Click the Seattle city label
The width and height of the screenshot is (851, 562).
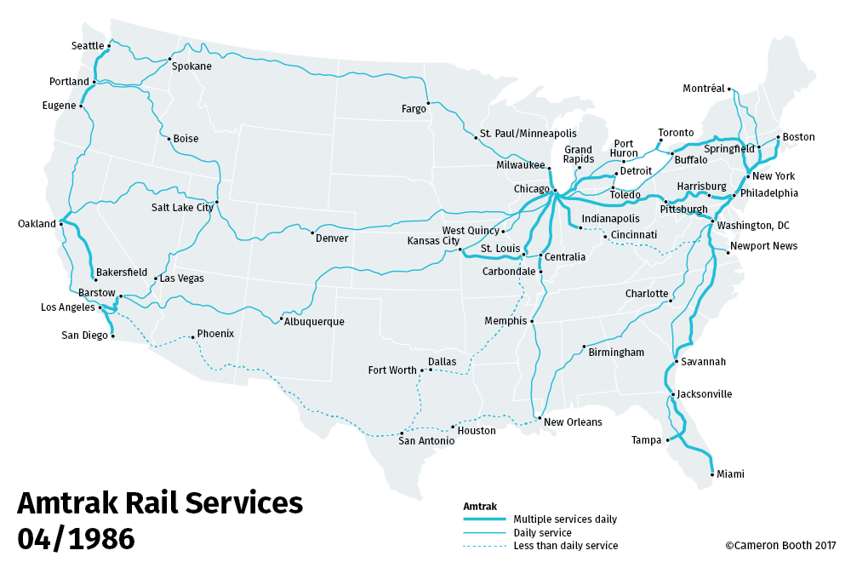88,46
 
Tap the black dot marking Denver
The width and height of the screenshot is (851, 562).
312,232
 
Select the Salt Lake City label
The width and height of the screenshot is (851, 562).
182,207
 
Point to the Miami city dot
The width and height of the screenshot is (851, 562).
711,473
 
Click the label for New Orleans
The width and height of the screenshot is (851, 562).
573,422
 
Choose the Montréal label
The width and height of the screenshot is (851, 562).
703,89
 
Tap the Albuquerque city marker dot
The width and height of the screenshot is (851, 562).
281,319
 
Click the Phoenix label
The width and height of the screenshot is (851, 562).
215,334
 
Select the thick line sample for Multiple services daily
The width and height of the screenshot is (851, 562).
484,519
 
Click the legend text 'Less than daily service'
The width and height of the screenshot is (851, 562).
565,546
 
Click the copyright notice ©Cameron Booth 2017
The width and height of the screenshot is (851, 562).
780,546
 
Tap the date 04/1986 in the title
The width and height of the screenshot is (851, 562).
76,538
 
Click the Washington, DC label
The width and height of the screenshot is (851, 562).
753,226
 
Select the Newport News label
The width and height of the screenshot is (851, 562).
764,246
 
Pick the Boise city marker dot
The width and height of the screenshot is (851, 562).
169,138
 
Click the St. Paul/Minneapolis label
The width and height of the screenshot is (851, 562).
528,134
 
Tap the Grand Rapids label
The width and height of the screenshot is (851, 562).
578,154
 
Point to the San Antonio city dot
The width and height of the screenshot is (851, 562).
402,433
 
